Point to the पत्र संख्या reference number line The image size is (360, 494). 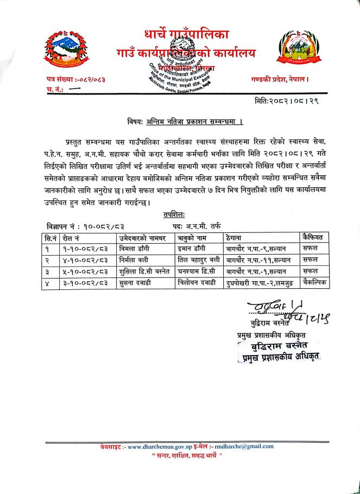[x=75, y=80]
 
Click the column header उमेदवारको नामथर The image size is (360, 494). [x=143, y=237]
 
